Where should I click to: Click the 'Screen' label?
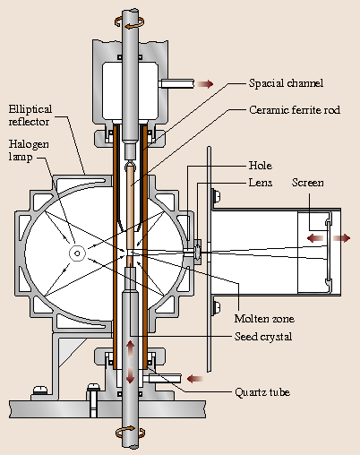tap(308, 183)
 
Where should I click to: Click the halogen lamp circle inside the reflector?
tap(78, 253)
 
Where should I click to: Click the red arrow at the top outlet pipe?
tap(205, 84)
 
